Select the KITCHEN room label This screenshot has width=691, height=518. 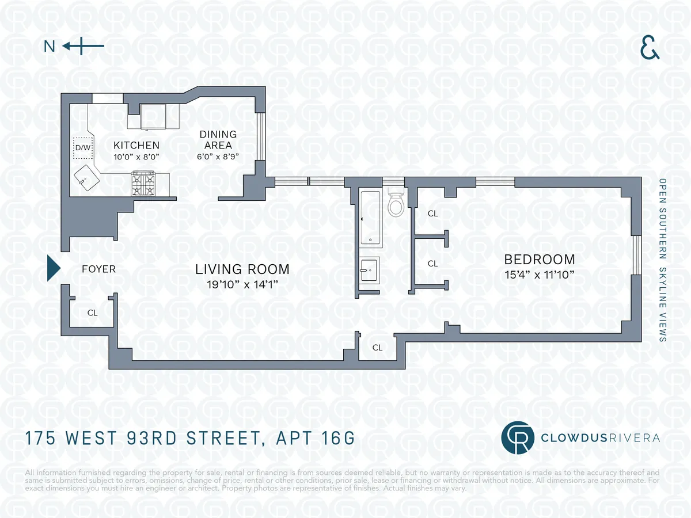(136, 145)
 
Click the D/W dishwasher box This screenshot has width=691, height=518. (83, 148)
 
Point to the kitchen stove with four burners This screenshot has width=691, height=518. (143, 184)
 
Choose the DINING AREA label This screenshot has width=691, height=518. (218, 140)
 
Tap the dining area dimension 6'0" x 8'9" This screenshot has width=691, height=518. (218, 156)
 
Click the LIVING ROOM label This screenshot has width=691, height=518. (242, 269)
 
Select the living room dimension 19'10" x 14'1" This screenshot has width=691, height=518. (242, 284)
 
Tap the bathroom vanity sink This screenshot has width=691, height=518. (369, 269)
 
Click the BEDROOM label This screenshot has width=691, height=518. (540, 260)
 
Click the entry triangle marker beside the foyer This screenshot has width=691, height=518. (53, 268)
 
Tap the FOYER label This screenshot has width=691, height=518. (98, 269)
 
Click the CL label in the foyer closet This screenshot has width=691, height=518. (92, 313)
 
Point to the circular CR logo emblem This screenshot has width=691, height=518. (517, 438)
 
